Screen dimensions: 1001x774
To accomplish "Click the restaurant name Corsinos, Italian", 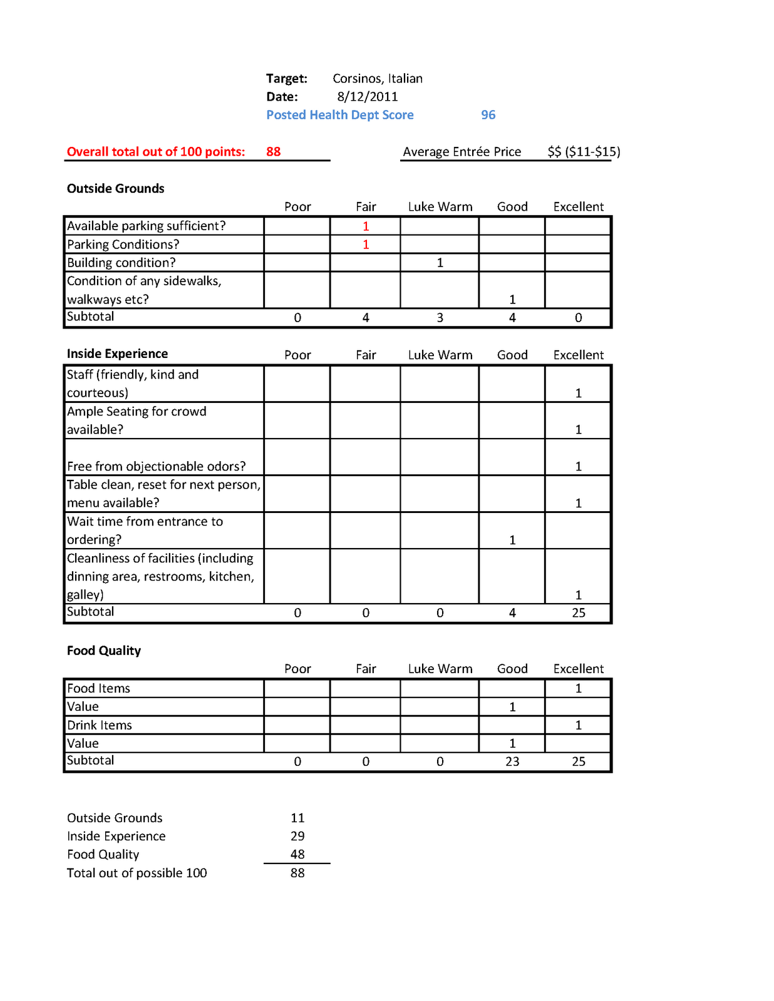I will [377, 78].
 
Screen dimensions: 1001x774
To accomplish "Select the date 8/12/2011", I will [367, 96].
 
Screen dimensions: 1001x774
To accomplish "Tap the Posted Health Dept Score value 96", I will [488, 115].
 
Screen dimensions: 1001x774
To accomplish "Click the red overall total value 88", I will [273, 151].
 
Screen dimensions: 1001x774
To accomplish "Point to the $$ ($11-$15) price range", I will [584, 151].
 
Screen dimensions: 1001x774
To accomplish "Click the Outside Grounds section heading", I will [115, 188].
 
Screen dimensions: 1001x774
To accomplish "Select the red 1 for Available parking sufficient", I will [366, 226].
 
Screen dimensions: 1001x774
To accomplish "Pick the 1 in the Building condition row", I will [440, 263].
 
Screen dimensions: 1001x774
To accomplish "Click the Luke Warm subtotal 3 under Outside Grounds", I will [440, 318].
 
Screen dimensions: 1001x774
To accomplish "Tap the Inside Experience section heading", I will [117, 353].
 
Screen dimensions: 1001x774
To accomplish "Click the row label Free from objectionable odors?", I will [156, 466].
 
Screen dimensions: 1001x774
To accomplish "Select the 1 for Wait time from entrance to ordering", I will [512, 540].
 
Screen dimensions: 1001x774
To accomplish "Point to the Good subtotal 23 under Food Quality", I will [512, 761].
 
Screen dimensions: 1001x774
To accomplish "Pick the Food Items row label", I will [98, 688].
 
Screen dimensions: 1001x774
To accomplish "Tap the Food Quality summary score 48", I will [297, 855].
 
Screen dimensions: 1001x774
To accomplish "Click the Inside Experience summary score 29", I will [297, 836].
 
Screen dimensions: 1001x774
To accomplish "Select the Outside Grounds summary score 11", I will [297, 818].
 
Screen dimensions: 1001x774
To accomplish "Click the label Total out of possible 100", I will [137, 873].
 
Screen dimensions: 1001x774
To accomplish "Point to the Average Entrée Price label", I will [462, 151].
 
